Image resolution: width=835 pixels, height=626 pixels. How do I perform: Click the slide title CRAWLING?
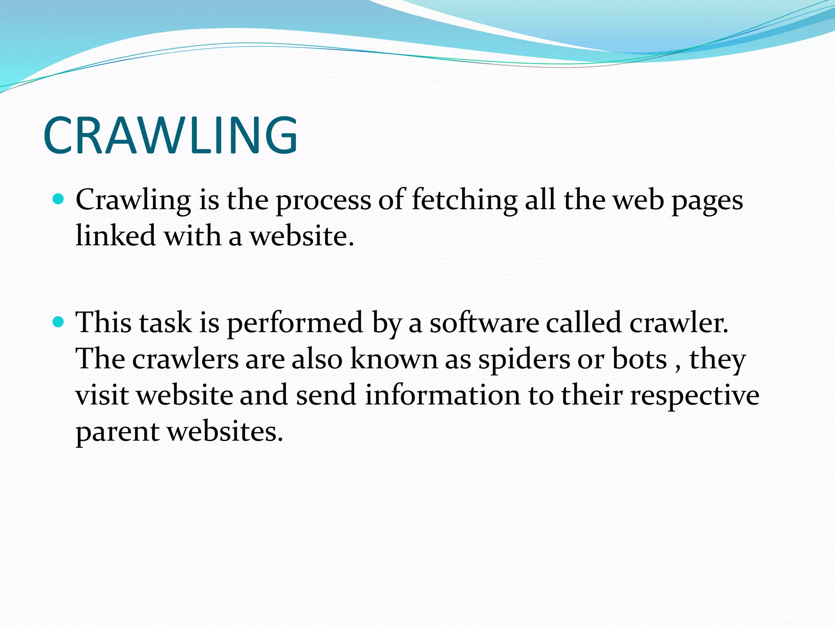170,135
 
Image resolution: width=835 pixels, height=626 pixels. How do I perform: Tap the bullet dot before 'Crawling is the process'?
59,199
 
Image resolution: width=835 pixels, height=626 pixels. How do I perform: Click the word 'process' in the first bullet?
323,201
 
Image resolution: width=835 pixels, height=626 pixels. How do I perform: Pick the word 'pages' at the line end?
707,201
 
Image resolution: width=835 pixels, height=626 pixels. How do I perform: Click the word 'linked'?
115,236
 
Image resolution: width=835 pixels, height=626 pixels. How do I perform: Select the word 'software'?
484,322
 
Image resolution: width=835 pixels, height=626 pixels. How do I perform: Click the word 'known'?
394,359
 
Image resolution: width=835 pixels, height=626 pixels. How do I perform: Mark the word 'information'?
442,395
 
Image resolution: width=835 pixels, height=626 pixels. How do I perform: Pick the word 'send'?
326,395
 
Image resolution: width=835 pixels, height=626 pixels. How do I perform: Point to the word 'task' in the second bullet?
165,322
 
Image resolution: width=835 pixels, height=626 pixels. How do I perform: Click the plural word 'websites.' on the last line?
225,431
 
